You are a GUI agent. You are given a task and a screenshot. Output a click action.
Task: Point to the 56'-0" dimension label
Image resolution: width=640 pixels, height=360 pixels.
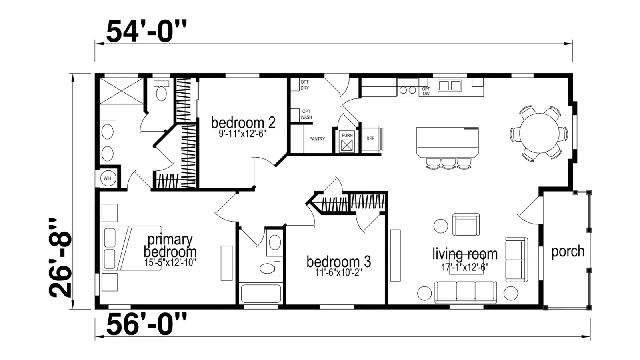coord(146,324)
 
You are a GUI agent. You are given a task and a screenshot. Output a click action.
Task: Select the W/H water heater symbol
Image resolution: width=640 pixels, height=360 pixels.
coord(108,178)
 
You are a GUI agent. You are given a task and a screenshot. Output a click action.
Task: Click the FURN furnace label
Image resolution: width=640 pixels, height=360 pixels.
coord(347,135)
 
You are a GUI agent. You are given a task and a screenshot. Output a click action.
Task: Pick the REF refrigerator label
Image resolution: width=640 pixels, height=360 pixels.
coord(370,138)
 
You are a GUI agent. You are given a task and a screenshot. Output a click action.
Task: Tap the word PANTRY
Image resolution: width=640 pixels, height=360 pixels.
coord(317,139)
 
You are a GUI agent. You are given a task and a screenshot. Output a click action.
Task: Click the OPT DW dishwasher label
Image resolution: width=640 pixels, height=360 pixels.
coord(426,92)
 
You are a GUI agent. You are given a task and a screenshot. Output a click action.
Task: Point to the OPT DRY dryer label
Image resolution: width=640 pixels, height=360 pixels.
coord(304,85)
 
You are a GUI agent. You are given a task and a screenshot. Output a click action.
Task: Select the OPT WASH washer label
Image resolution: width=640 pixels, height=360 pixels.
coord(306,114)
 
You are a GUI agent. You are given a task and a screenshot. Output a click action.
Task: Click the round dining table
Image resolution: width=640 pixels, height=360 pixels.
coord(539,133)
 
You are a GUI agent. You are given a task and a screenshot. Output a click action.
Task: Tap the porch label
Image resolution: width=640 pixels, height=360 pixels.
coord(568,251)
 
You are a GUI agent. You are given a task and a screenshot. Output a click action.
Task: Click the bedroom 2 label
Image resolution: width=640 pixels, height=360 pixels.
coord(243,122)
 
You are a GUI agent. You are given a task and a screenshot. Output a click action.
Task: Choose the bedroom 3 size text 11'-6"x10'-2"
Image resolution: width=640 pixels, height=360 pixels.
coord(338,273)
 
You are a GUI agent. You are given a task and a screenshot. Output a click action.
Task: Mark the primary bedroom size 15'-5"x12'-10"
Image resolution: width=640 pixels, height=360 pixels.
coord(170,262)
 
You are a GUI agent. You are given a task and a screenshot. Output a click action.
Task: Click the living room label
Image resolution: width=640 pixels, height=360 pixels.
coord(465,254)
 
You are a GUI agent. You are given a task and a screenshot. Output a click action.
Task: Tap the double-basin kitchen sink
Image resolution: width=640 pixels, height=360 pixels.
coord(450,86)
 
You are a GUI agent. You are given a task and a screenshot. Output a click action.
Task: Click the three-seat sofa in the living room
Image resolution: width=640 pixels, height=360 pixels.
coord(466,292)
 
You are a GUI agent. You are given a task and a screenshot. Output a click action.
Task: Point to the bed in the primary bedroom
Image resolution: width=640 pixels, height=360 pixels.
coord(132,248)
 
